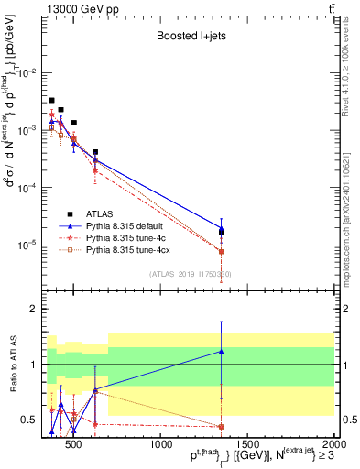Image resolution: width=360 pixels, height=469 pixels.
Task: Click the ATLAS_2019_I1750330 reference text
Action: (x=191, y=274)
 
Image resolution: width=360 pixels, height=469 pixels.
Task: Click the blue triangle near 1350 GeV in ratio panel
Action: (x=222, y=351)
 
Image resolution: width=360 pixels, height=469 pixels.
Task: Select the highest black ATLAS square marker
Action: (x=52, y=100)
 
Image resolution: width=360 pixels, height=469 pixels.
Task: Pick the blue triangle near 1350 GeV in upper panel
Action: (x=222, y=228)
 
